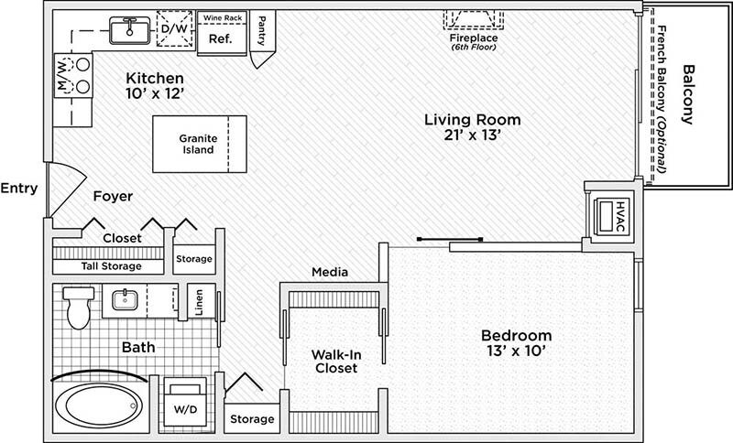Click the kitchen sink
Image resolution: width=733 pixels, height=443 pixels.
click(130, 30)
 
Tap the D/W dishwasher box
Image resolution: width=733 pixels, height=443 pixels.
click(174, 29)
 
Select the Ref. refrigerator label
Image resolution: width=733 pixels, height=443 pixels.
click(220, 38)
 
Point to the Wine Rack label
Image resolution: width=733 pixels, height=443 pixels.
click(223, 18)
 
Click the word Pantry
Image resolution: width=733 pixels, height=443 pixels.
click(262, 31)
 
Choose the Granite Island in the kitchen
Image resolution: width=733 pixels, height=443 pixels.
click(200, 145)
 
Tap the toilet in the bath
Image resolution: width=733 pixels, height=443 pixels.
click(79, 308)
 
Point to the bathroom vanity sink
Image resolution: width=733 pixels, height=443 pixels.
click(125, 300)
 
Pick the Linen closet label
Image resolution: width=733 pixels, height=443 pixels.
click(200, 302)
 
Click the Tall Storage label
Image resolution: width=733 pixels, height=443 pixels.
click(111, 266)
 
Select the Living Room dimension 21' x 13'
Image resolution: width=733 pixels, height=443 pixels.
click(473, 135)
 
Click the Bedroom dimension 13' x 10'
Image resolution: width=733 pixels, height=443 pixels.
click(516, 351)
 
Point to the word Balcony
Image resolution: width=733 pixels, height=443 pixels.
click(687, 94)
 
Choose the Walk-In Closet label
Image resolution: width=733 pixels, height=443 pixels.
click(336, 362)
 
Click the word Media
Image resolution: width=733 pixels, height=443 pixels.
click(330, 272)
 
